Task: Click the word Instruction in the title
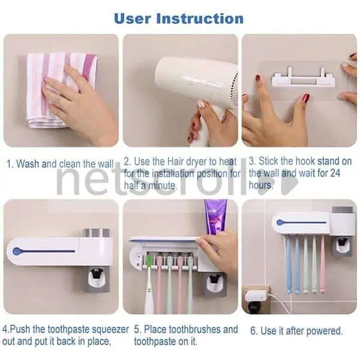(200, 19)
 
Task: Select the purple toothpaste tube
(215, 217)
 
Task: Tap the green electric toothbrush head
(149, 260)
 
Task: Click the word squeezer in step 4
(110, 329)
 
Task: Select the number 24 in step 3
(335, 173)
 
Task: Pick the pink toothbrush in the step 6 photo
(323, 264)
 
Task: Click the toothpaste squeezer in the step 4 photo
(97, 280)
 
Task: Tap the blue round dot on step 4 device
(17, 251)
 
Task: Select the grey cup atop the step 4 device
(96, 233)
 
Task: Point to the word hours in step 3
(261, 185)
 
